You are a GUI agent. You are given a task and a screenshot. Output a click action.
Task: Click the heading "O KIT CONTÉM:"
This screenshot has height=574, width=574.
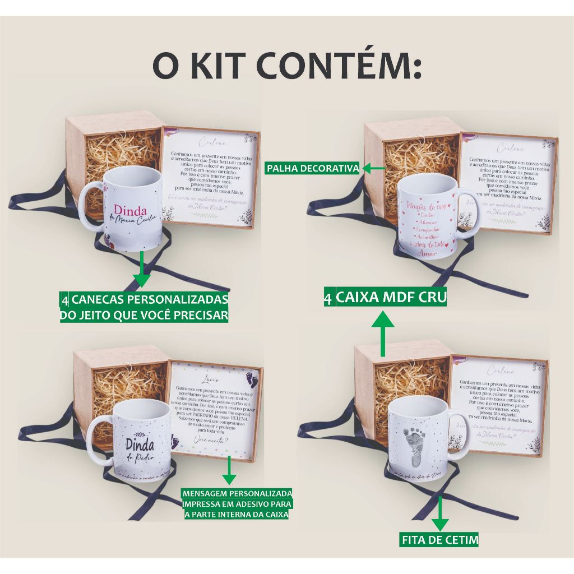tap(287, 68)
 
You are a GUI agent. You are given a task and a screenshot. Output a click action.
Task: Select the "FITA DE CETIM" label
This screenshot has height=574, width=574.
tap(440, 540)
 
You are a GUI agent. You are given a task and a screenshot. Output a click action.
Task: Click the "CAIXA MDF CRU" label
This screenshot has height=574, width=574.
tap(391, 297)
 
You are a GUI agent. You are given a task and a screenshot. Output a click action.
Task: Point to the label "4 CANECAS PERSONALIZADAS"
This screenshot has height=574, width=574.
tap(144, 298)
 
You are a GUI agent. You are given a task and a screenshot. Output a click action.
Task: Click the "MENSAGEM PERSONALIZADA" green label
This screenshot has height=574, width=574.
tap(236, 494)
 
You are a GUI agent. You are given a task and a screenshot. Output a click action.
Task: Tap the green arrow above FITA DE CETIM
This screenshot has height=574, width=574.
tap(440, 512)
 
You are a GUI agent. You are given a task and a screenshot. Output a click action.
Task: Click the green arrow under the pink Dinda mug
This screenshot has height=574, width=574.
tap(142, 271)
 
